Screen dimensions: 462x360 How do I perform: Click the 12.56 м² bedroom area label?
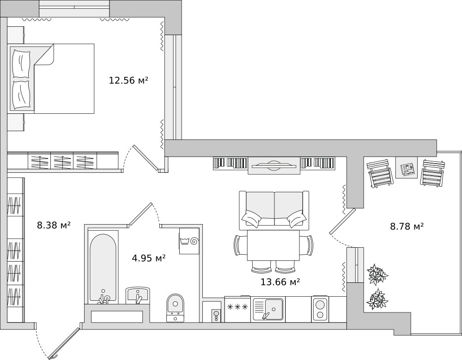pos(128,80)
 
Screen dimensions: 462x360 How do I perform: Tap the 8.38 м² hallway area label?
pos(54,226)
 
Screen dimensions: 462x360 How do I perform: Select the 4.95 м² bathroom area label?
pos(148,258)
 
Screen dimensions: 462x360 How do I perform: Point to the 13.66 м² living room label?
pos(280,282)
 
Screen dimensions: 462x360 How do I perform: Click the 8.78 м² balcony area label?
pos(407,226)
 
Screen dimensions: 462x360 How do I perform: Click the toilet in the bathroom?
pos(175,307)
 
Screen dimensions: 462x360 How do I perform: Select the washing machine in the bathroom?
pos(189,241)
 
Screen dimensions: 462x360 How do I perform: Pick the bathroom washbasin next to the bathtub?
pos(138,295)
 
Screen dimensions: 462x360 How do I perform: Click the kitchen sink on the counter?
pos(268,309)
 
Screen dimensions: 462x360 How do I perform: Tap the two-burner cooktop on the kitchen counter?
pos(320,309)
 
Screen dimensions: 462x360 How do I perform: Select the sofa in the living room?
pos(274,211)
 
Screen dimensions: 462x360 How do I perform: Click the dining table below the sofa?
pos(274,245)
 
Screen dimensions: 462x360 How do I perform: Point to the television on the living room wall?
pos(274,166)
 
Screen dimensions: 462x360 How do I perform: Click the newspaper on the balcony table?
pos(407,170)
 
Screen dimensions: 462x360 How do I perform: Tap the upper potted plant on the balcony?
pos(377,274)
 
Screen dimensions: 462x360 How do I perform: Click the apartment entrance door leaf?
pos(64,343)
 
